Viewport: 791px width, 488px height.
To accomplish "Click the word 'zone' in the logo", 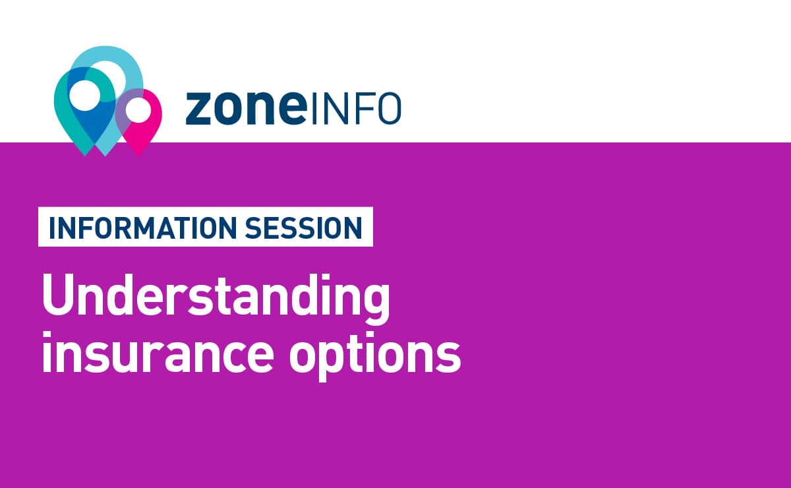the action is click(246, 109).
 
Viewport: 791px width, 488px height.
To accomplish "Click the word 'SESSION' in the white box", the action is click(304, 228).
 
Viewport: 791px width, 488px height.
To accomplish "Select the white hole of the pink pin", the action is click(138, 110).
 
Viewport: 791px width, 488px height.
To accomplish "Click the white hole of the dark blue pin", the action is click(85, 96).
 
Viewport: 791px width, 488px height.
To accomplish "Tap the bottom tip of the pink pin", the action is click(138, 156).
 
